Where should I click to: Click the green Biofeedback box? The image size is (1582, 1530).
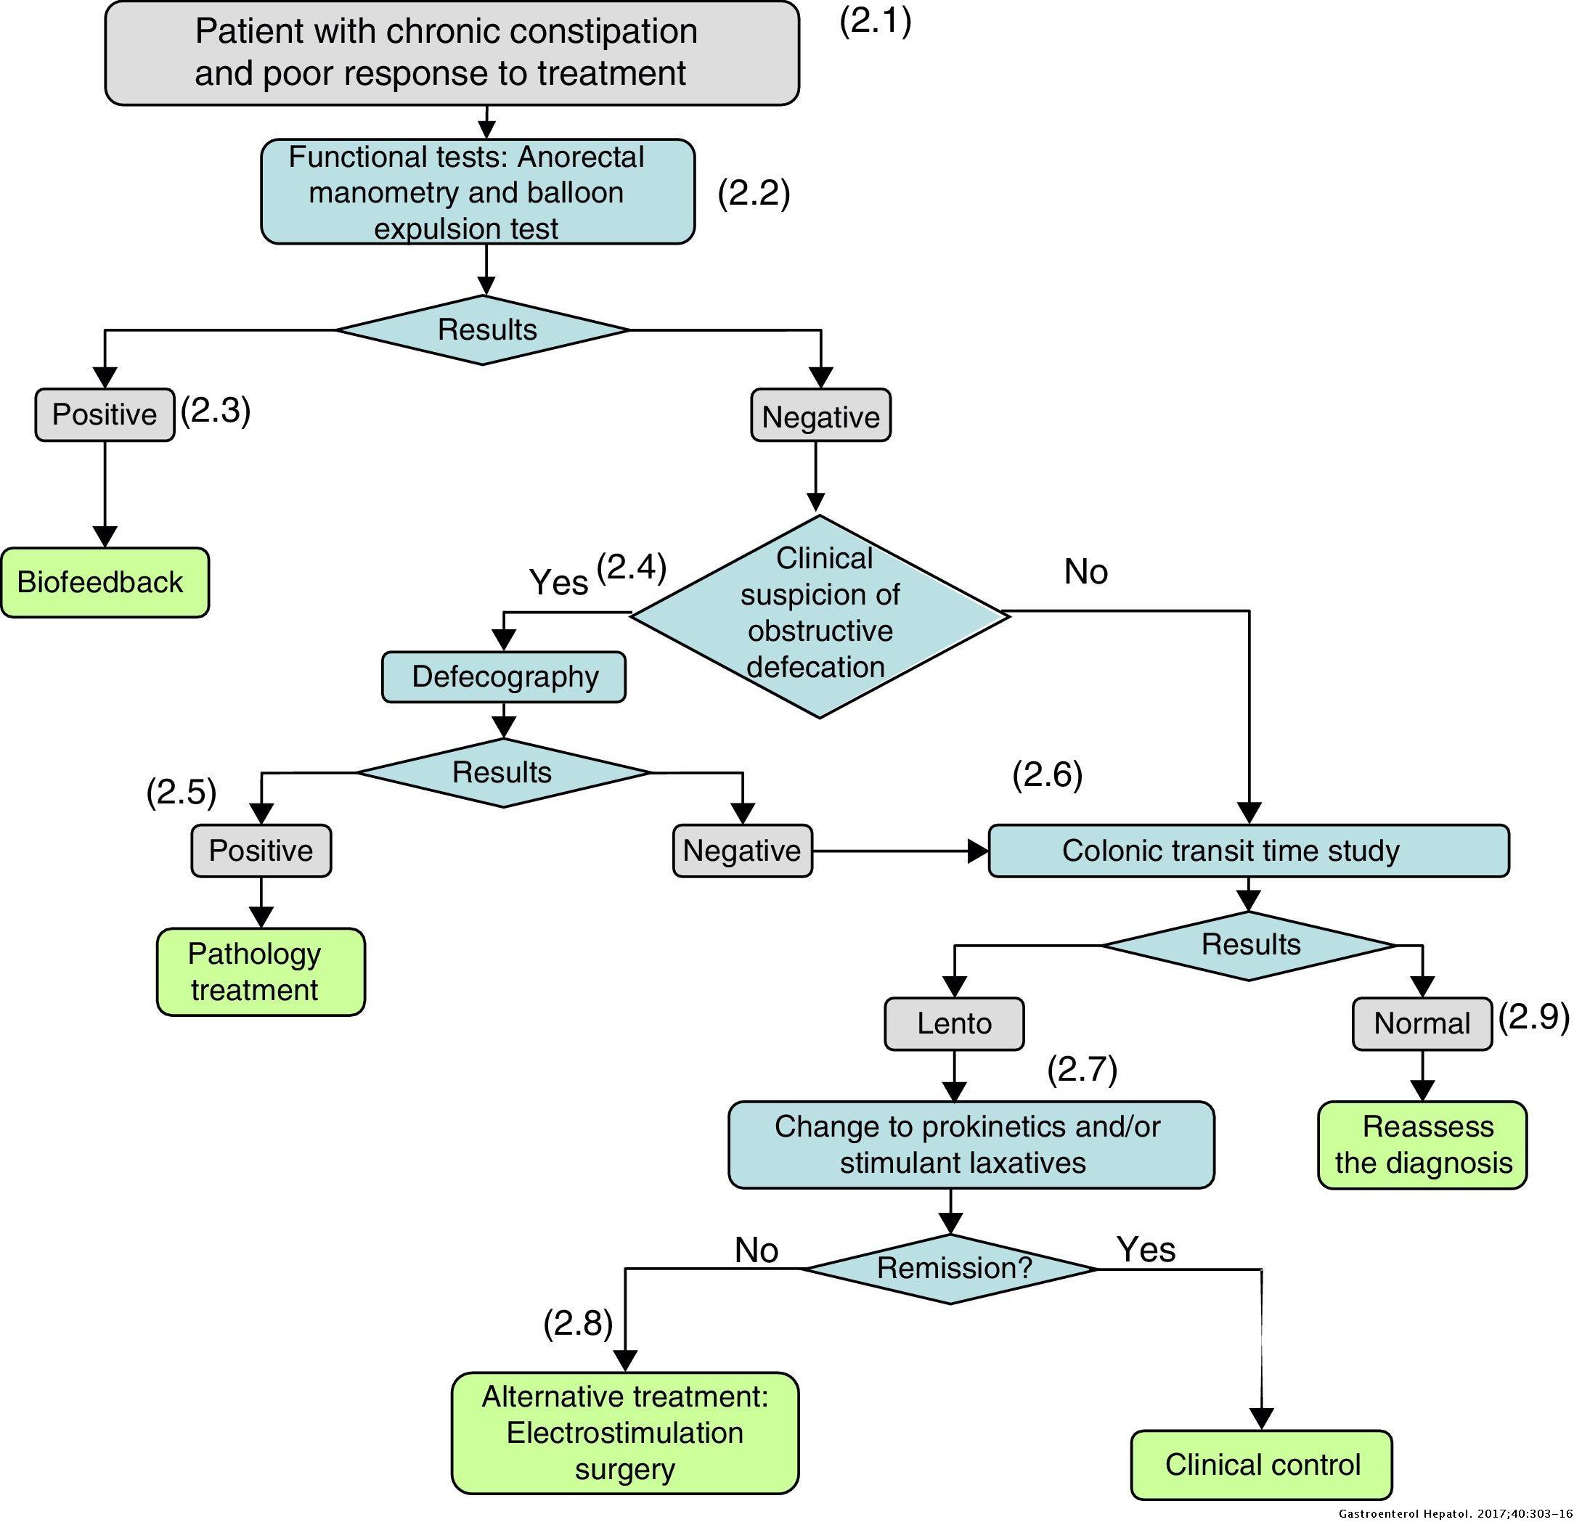click(x=104, y=583)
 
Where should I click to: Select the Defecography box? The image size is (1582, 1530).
click(x=504, y=677)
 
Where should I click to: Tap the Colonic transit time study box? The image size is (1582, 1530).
click(x=1248, y=851)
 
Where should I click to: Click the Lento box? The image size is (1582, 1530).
click(x=954, y=1023)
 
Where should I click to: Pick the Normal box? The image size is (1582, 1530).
click(x=1422, y=1023)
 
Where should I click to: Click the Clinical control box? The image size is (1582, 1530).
click(x=1261, y=1465)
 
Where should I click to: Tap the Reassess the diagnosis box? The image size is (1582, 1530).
click(x=1422, y=1145)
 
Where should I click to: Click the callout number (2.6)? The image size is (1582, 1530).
click(x=1047, y=774)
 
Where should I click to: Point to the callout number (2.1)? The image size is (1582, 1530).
click(x=875, y=21)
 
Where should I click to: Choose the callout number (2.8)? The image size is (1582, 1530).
click(x=578, y=1323)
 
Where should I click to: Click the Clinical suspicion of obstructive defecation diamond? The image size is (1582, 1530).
click(x=819, y=615)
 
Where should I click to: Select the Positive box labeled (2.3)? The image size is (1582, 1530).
click(x=104, y=414)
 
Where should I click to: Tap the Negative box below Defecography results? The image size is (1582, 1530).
click(x=742, y=851)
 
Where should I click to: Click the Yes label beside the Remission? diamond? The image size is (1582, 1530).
click(x=1146, y=1250)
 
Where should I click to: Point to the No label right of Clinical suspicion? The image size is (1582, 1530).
click(x=1085, y=572)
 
